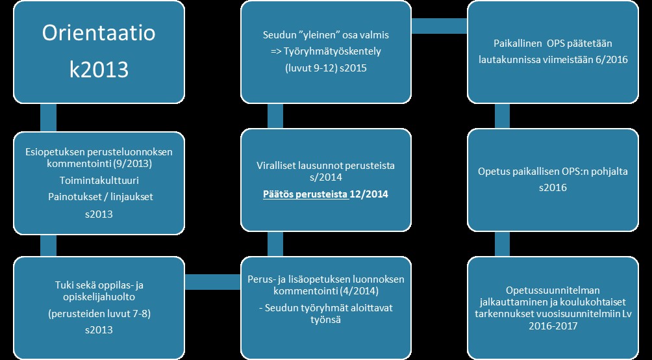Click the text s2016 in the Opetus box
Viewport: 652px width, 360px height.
pos(558,188)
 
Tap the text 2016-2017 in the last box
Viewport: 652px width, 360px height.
pos(558,327)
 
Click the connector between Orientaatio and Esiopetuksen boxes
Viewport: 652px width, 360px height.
pos(48,118)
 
